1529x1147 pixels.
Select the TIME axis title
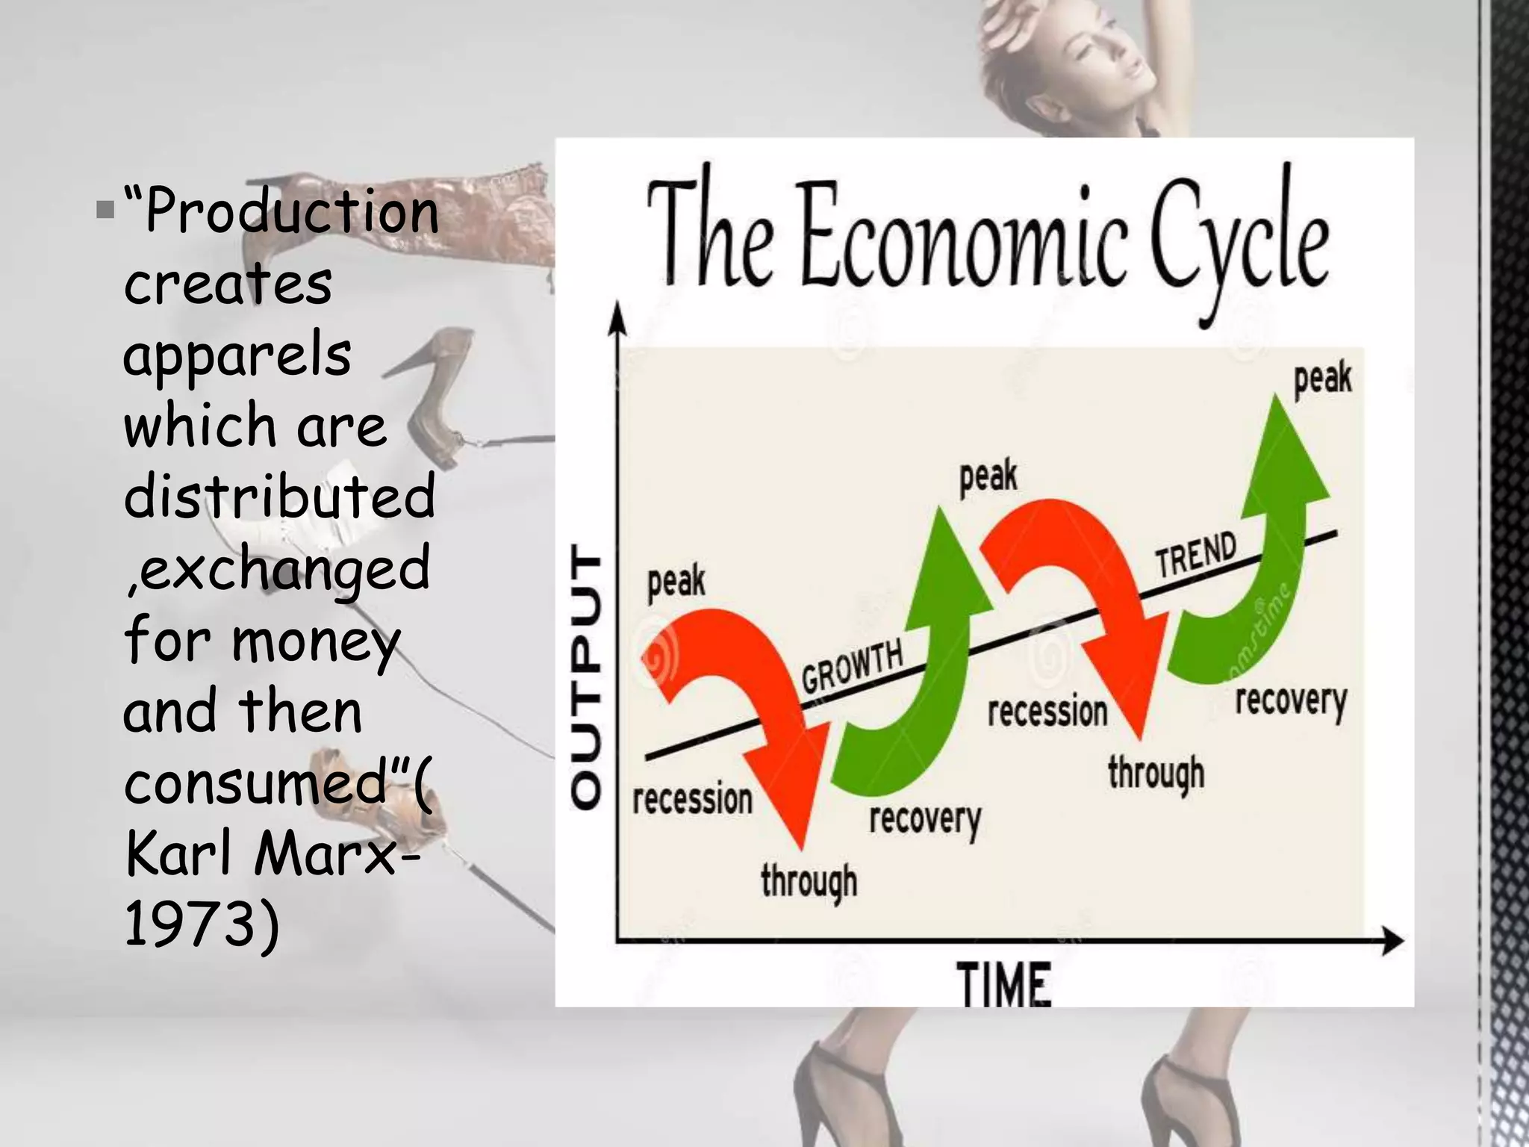[1003, 985]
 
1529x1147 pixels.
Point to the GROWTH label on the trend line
[853, 667]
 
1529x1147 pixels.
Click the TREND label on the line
[1196, 556]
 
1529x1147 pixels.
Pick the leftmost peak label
[676, 582]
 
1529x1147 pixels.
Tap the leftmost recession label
[692, 800]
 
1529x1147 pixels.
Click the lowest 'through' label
[809, 882]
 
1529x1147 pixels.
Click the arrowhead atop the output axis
[617, 317]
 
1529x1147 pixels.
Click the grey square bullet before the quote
[105, 210]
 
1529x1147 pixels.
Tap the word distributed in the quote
[279, 497]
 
